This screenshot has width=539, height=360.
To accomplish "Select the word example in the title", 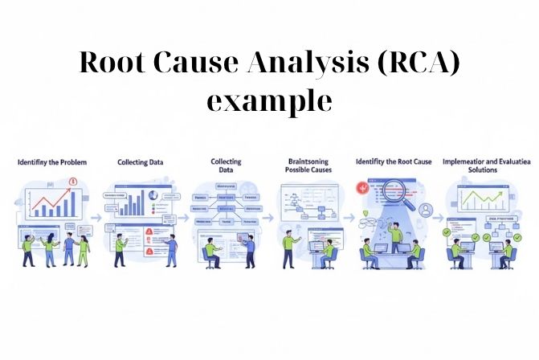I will (269, 102).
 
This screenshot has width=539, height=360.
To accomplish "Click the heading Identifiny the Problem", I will (52, 162).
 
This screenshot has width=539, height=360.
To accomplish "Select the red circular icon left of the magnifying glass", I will (361, 187).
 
